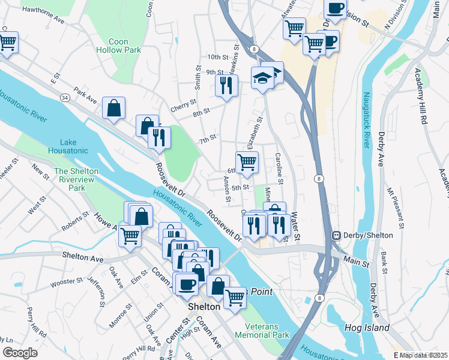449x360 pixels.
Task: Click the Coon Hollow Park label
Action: pyautogui.click(x=125, y=46)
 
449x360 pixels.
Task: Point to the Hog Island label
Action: pyautogui.click(x=367, y=328)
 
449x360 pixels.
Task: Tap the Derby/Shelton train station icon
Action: pyautogui.click(x=337, y=235)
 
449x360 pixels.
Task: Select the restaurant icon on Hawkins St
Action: pyautogui.click(x=226, y=85)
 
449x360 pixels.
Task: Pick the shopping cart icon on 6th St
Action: pyautogui.click(x=247, y=162)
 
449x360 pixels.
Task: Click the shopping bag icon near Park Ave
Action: pyautogui.click(x=113, y=109)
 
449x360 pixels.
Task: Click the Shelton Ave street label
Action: pyautogui.click(x=84, y=257)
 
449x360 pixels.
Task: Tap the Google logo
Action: pyautogui.click(x=20, y=353)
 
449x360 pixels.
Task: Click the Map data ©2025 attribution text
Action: pyautogui.click(x=423, y=355)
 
